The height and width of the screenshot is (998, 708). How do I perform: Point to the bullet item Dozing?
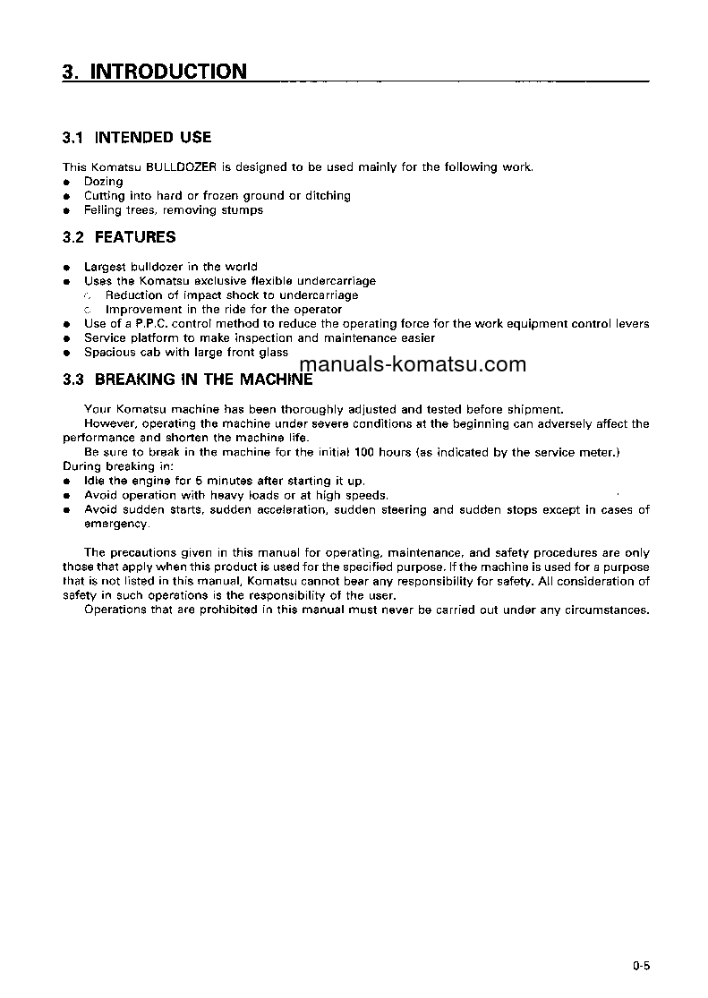click(103, 181)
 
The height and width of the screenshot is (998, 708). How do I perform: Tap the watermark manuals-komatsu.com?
click(414, 364)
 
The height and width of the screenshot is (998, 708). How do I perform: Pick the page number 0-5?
click(639, 966)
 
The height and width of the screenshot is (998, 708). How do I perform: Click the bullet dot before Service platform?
click(66, 338)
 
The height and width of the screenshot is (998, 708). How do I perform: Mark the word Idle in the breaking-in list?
click(94, 481)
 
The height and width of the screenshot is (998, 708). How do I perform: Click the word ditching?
click(328, 195)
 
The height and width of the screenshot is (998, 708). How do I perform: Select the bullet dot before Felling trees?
click(66, 210)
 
